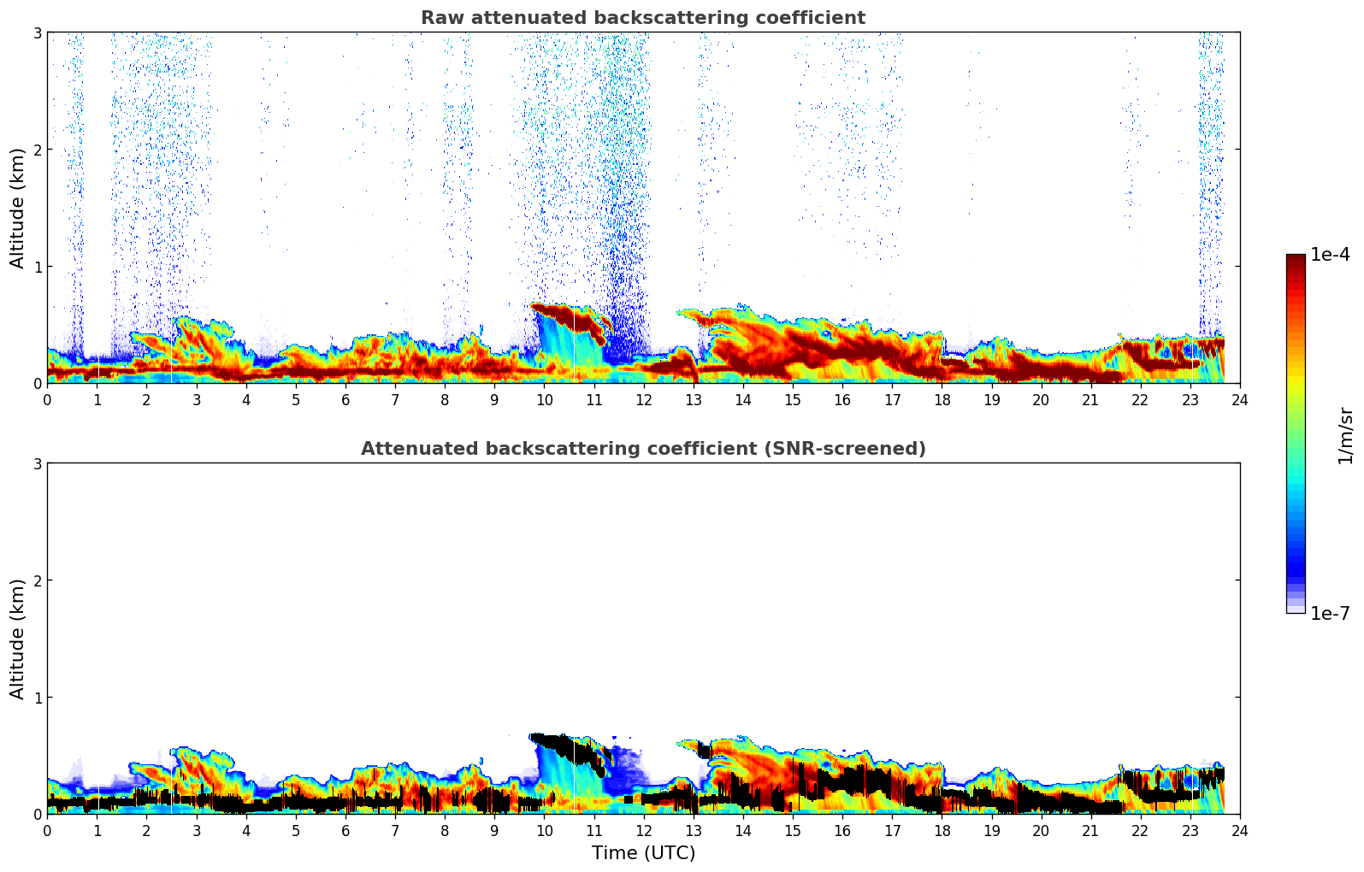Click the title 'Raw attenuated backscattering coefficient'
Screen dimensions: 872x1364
click(642, 18)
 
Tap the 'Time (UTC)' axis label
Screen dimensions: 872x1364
click(643, 853)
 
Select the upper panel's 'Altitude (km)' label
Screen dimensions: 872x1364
click(18, 208)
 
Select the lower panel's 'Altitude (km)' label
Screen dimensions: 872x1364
click(18, 639)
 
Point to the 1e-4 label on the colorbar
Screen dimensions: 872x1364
click(1330, 255)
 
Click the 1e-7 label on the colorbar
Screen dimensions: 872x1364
click(1330, 613)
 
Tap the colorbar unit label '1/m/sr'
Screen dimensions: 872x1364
click(1345, 435)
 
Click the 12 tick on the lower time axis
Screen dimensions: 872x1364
click(643, 831)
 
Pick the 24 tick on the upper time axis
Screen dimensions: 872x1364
click(1239, 400)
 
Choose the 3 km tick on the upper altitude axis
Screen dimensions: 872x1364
click(37, 32)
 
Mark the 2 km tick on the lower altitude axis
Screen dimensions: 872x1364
click(37, 580)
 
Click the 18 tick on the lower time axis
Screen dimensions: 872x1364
click(942, 831)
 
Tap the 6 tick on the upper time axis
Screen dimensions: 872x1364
click(345, 400)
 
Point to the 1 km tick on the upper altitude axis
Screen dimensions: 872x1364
click(37, 267)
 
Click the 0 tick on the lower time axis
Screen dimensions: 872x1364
click(47, 831)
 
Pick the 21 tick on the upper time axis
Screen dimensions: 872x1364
click(1090, 400)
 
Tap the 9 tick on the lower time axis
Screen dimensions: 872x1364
click(494, 831)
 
